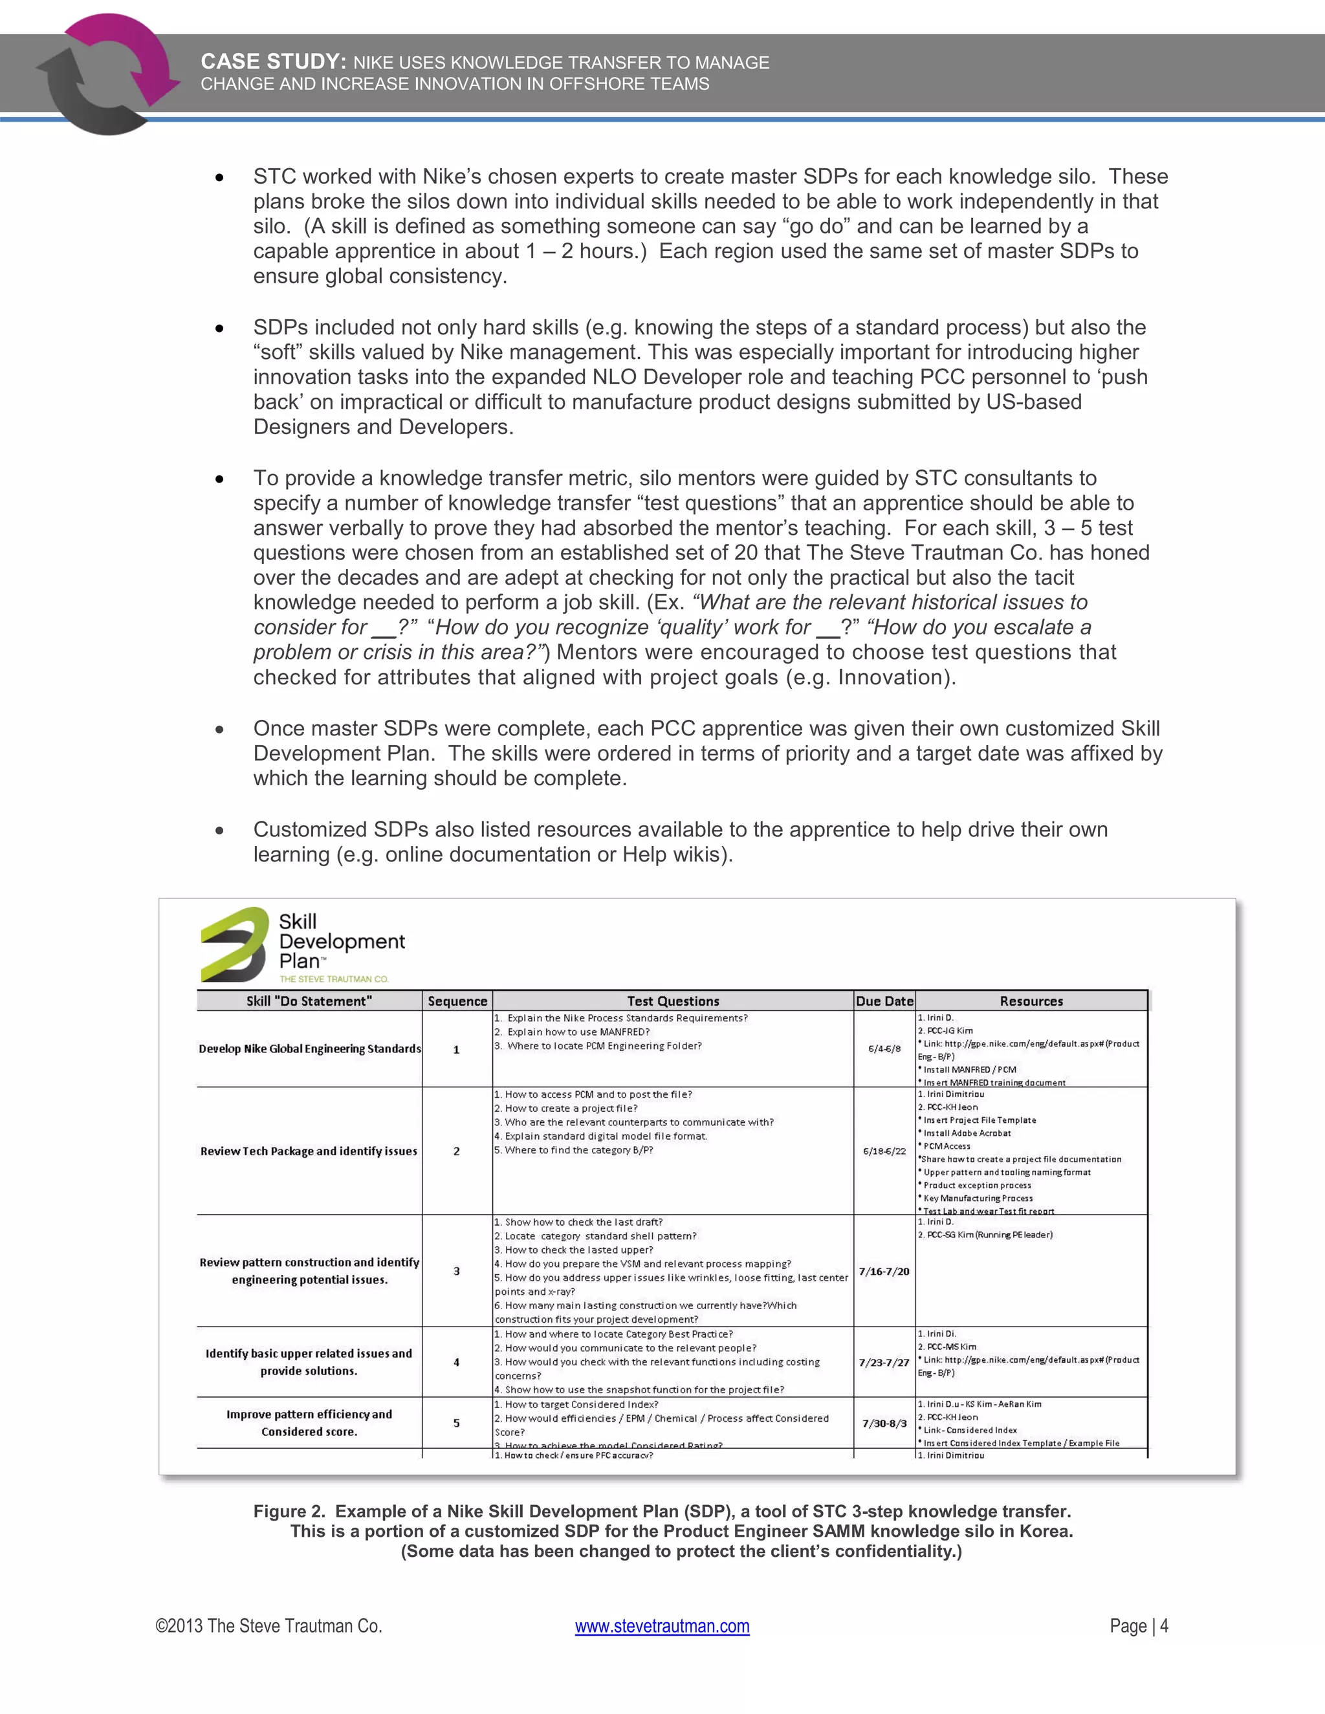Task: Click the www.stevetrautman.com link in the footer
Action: click(662, 1625)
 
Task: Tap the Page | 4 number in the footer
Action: click(1138, 1625)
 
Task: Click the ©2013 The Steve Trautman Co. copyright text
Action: click(268, 1625)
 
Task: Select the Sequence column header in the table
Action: click(457, 1001)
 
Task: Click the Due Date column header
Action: click(884, 1001)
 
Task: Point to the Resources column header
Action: click(1031, 1001)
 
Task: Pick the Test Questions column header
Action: click(673, 1001)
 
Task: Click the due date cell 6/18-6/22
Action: click(884, 1151)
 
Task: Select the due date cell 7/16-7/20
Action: click(884, 1272)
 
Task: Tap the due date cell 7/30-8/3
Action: click(884, 1423)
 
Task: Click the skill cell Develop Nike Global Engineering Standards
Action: click(309, 1048)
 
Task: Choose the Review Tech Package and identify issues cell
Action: click(309, 1151)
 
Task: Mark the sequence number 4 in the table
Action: click(456, 1362)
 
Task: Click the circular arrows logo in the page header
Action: click(108, 74)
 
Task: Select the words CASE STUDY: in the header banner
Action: click(273, 61)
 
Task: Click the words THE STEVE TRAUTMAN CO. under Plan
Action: click(334, 979)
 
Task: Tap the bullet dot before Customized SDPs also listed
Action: click(220, 830)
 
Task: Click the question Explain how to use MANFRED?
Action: click(578, 1032)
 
